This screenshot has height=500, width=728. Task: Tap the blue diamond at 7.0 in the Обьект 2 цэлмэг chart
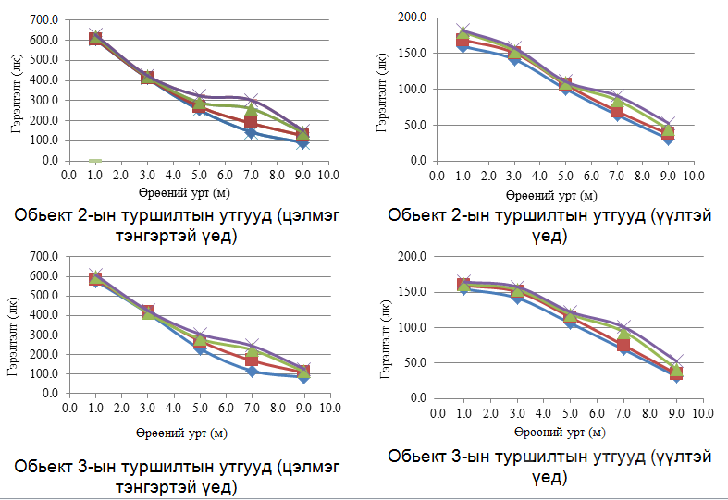click(252, 133)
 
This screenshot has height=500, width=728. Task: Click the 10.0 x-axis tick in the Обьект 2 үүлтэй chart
click(695, 174)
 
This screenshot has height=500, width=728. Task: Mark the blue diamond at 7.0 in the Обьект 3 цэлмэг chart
click(252, 372)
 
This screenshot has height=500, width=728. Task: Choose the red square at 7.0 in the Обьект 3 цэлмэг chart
click(252, 360)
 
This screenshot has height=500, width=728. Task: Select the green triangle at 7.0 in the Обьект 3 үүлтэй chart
click(623, 335)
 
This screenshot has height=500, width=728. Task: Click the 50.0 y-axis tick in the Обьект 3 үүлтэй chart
click(413, 362)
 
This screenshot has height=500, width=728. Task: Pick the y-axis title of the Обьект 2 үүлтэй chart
click(382, 89)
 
